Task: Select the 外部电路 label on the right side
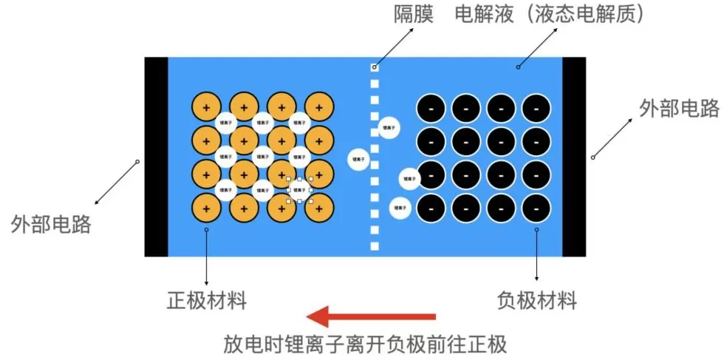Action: pyautogui.click(x=679, y=109)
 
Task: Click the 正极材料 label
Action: pyautogui.click(x=206, y=301)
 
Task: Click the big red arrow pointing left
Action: pyautogui.click(x=371, y=318)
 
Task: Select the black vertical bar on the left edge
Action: pyautogui.click(x=156, y=157)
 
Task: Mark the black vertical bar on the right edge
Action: pyautogui.click(x=574, y=157)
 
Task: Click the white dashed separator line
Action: pyautogui.click(x=375, y=157)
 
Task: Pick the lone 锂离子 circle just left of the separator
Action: pyautogui.click(x=359, y=158)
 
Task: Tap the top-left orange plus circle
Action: pyautogui.click(x=205, y=107)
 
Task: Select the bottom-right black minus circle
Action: pyautogui.click(x=536, y=208)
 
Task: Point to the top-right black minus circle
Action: pyautogui.click(x=536, y=108)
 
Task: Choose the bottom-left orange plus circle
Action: pyautogui.click(x=205, y=208)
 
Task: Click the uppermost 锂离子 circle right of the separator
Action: pyautogui.click(x=389, y=129)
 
